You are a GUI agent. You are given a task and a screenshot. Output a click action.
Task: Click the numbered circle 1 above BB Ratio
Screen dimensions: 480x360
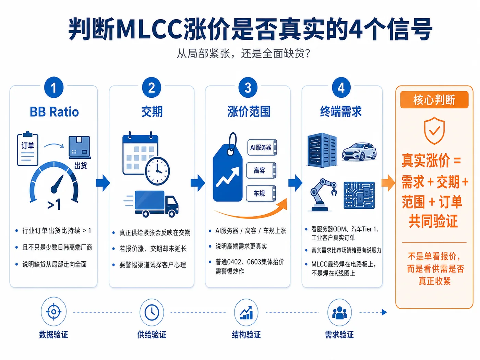[x=54, y=87]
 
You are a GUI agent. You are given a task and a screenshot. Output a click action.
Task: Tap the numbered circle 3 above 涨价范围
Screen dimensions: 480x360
[x=248, y=87]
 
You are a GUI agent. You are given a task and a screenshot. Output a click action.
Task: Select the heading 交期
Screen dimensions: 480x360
[x=152, y=111]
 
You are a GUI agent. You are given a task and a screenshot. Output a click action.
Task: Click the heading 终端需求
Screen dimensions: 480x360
[x=341, y=111]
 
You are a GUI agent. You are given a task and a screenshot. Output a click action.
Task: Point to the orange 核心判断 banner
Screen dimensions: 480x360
[x=434, y=100]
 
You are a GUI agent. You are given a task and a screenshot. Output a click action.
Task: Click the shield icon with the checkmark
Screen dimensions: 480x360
[x=434, y=131]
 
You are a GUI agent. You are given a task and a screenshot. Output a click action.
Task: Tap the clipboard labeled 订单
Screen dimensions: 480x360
[x=27, y=149]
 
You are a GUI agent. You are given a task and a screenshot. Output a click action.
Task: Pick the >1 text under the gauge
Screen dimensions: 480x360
[x=54, y=205]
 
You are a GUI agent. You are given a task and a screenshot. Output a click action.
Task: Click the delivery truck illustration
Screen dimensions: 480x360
[x=151, y=204]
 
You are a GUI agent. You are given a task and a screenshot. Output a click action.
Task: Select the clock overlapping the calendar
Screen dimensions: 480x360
[x=157, y=171]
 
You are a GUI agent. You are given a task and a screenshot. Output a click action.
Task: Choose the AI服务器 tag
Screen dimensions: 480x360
[x=262, y=147]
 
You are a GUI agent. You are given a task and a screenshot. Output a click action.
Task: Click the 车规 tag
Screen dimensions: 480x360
[x=261, y=193]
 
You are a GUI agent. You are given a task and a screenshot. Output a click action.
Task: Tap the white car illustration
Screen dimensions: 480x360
[x=359, y=152]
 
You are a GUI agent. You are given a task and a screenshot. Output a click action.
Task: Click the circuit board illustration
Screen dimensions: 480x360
[x=359, y=195]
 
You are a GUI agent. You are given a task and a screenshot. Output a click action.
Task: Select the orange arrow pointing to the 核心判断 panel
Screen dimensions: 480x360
[x=388, y=183]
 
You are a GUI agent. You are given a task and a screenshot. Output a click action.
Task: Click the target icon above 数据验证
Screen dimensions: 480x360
[x=53, y=312]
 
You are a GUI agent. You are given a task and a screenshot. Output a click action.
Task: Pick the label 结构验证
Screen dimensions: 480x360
[x=246, y=335]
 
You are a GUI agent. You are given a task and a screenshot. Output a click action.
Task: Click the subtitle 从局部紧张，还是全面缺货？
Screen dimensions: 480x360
[x=243, y=53]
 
